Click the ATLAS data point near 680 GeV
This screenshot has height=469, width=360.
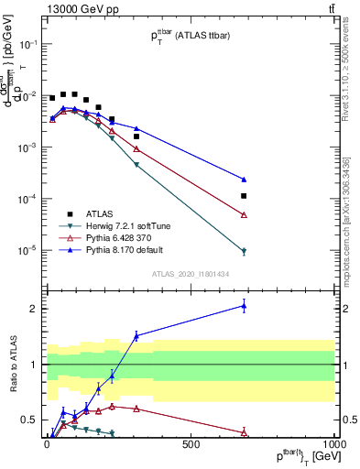(x=245, y=196)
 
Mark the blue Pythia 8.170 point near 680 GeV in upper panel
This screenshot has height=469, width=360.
(x=245, y=180)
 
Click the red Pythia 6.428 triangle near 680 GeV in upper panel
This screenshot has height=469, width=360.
(x=245, y=214)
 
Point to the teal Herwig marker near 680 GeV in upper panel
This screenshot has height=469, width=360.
(x=245, y=251)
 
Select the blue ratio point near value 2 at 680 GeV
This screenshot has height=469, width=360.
(x=245, y=305)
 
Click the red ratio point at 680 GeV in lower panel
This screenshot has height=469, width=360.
(x=245, y=432)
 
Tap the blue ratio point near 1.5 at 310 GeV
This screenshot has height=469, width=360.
(x=136, y=336)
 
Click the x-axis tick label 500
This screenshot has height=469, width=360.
(x=191, y=444)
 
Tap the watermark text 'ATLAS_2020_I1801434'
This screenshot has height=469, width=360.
(x=190, y=273)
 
